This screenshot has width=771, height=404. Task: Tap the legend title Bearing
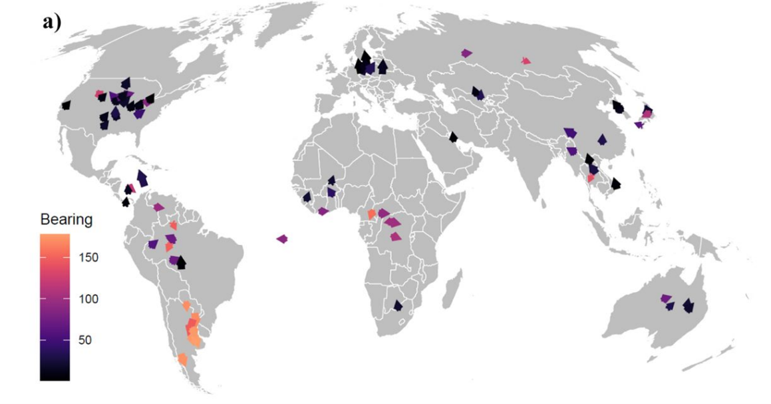tap(66, 220)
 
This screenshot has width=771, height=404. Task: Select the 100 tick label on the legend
tap(90, 299)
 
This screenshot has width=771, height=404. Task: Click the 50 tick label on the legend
tap(87, 340)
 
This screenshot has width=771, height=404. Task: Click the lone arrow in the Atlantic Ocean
tap(282, 239)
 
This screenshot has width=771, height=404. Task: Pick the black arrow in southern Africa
tap(398, 305)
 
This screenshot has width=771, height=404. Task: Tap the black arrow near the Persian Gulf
tap(453, 137)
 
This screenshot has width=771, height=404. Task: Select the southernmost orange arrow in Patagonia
tap(182, 359)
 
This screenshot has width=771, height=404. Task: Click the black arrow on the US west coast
tap(65, 105)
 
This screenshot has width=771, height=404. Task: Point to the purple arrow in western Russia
tap(466, 53)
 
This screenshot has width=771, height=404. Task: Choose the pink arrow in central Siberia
tap(526, 61)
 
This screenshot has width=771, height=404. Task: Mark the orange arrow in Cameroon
tap(371, 214)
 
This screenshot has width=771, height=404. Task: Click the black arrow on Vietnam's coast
tap(616, 183)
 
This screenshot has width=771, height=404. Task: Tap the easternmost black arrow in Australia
tap(689, 305)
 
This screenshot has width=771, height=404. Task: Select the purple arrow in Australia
tap(665, 299)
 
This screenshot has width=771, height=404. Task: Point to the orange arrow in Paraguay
tap(187, 305)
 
